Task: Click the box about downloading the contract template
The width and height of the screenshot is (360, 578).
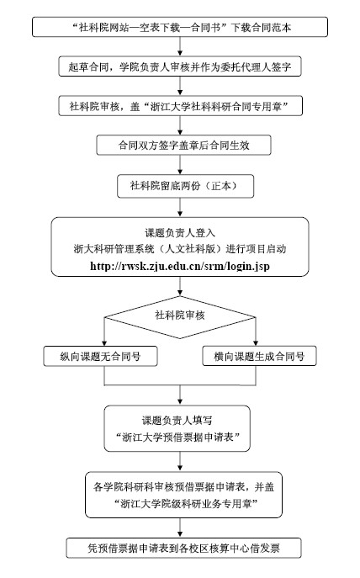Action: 180,27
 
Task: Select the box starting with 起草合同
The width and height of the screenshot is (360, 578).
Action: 180,66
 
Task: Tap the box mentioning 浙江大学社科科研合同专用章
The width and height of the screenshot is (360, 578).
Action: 180,106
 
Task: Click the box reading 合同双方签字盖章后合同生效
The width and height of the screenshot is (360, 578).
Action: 183,146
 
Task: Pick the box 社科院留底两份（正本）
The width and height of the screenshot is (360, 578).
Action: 185,186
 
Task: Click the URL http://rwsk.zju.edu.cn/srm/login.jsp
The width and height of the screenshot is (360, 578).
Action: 180,266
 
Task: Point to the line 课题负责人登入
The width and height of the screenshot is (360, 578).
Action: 180,233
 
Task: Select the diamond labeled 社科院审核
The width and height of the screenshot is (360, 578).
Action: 180,317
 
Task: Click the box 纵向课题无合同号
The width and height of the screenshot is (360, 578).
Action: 100,356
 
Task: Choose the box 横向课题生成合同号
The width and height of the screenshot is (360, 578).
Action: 259,356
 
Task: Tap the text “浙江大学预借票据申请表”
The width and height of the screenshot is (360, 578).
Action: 177,437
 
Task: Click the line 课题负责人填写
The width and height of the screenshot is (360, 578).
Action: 177,420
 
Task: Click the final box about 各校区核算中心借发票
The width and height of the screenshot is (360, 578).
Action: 183,549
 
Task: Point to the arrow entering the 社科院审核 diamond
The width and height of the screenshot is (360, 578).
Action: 180,286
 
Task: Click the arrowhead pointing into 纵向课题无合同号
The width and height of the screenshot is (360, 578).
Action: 104,343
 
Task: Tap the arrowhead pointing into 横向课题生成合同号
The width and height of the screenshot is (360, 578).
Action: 256,343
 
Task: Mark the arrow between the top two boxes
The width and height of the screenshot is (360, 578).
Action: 180,47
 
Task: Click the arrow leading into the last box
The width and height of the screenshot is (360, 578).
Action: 180,528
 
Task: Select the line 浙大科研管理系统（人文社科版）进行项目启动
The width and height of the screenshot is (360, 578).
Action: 180,249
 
